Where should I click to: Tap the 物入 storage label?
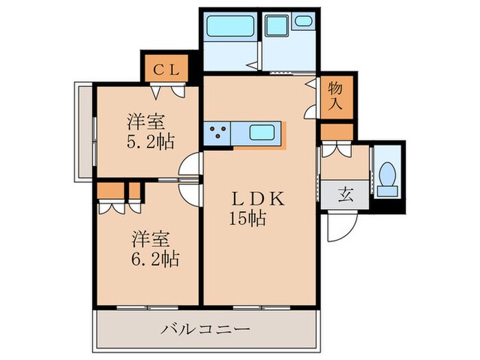tap(335, 95)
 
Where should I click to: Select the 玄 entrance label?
tap(345, 194)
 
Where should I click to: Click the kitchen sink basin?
tap(264, 132)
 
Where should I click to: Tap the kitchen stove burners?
tap(219, 132)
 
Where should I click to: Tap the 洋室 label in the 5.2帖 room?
tap(145, 122)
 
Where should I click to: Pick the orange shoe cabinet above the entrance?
tap(336, 131)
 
